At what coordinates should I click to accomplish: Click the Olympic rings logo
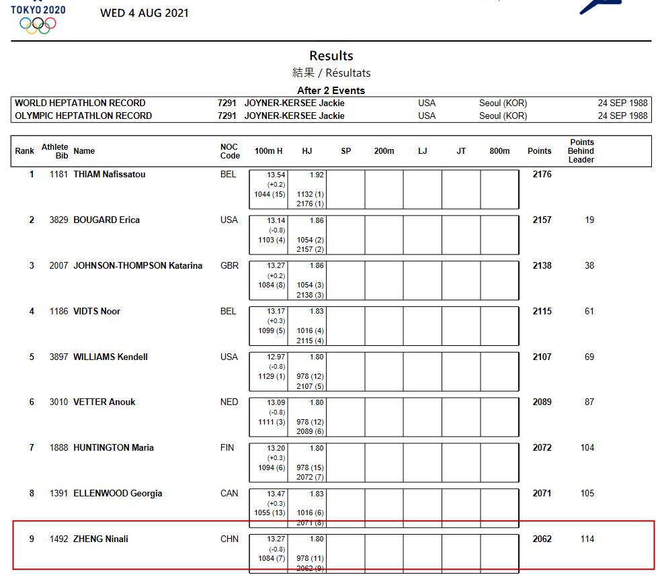coord(38,25)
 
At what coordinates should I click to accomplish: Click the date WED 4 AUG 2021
coord(145,13)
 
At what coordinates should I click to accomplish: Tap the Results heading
coord(331,56)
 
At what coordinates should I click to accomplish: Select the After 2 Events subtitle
coord(331,91)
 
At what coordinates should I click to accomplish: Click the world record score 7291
coord(226,103)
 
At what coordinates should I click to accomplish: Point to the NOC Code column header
coord(230,151)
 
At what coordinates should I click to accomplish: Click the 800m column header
coord(499,151)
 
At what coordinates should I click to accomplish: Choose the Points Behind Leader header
coord(581,151)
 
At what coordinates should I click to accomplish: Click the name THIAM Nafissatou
coord(109,175)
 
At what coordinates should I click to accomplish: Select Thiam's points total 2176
coord(542,175)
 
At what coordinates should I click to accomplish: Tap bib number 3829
coord(58,220)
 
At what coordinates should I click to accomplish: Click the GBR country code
coord(229,266)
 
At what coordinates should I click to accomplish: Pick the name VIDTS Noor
coord(97,312)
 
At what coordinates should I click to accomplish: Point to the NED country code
coord(229,402)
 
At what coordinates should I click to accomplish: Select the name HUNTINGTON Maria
coord(114,448)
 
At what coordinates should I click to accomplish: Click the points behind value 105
coord(587,494)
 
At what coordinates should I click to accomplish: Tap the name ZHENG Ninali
coord(101,539)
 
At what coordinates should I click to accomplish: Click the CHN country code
coord(229,539)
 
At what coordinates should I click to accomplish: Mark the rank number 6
coord(32,402)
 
